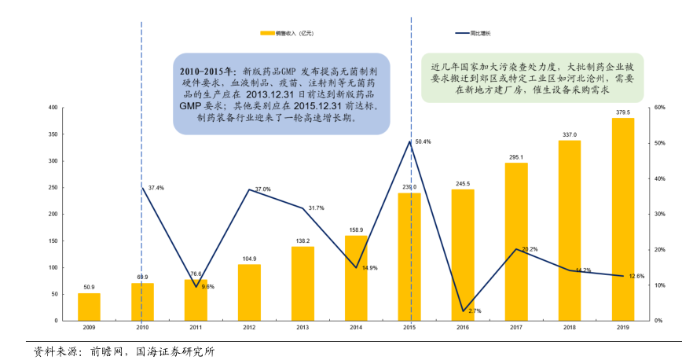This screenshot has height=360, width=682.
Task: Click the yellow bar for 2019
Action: (623, 219)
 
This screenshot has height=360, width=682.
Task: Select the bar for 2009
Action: (89, 307)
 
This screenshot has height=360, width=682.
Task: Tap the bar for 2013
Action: (302, 284)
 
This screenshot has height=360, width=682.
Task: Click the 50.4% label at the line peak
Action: (423, 141)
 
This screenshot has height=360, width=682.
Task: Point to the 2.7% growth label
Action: (474, 311)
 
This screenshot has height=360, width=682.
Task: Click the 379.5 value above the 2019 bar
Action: (623, 112)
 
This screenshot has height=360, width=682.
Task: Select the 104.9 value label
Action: (249, 259)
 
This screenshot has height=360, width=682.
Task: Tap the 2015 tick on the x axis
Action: (409, 327)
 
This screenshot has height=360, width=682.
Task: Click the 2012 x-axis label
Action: (249, 327)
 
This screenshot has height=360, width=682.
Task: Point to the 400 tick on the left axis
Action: (53, 108)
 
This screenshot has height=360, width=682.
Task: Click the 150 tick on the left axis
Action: (53, 241)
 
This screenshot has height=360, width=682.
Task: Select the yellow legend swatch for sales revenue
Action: (266, 33)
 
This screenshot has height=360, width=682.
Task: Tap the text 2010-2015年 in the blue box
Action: (207, 70)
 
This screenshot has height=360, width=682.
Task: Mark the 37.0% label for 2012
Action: (263, 189)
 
